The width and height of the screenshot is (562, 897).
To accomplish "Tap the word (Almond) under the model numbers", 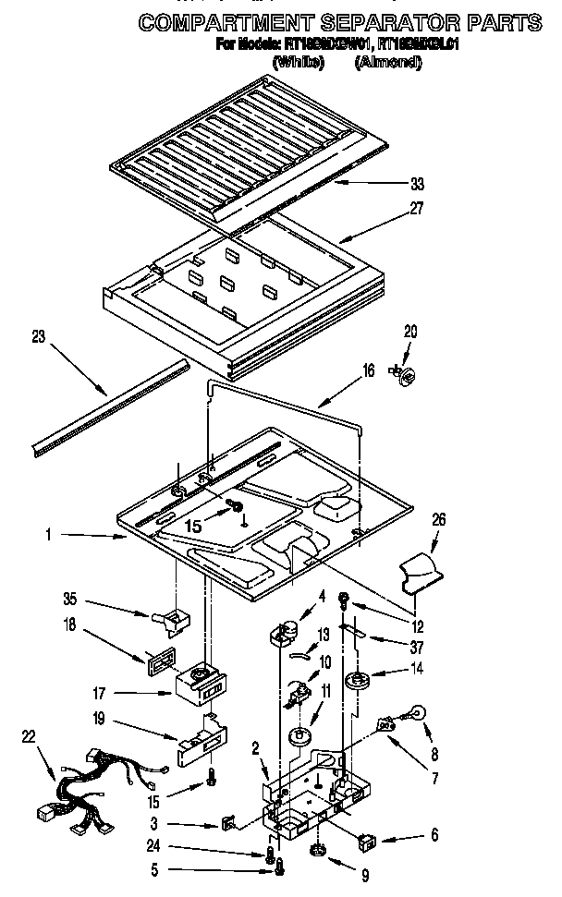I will (x=389, y=61).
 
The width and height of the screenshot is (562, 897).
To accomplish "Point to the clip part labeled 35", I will (x=168, y=621).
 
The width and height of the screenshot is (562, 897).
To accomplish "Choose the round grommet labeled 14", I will (x=356, y=683).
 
